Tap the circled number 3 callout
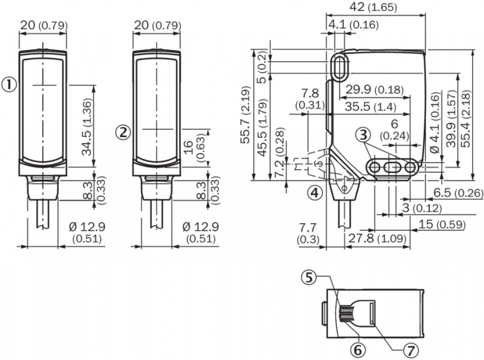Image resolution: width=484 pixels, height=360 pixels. pyautogui.click(x=362, y=135)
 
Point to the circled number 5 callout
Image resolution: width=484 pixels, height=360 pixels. pyautogui.click(x=308, y=277)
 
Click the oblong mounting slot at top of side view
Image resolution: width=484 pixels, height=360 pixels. pyautogui.click(x=339, y=66)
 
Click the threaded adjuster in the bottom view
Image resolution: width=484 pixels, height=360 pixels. pyautogui.click(x=346, y=314)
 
